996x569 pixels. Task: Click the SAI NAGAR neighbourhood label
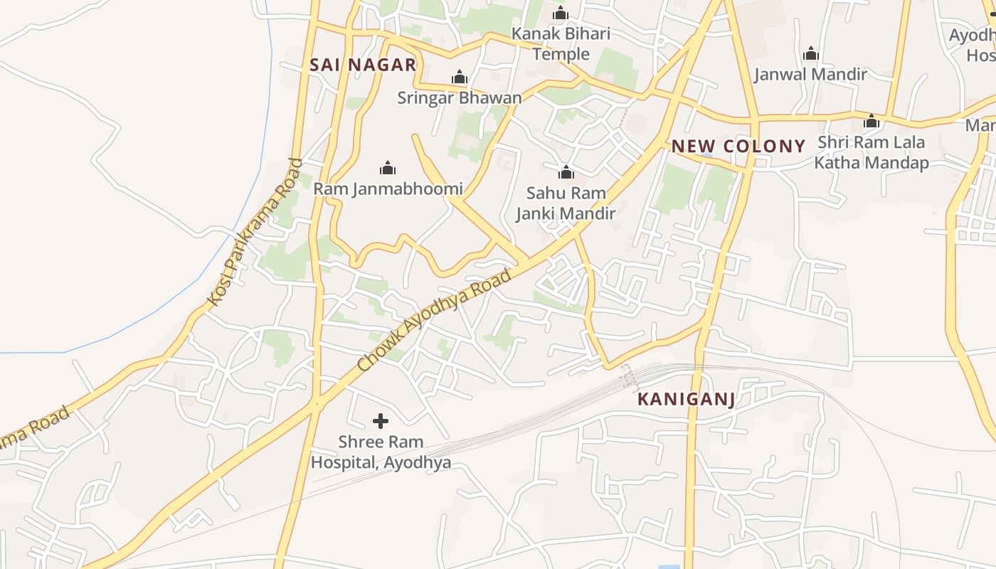click(363, 65)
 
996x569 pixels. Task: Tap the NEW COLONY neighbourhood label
click(738, 147)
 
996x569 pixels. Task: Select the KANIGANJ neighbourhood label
click(686, 399)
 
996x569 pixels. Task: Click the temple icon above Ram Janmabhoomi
click(388, 168)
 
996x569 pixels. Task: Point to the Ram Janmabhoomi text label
click(388, 188)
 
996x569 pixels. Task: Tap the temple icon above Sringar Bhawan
click(460, 77)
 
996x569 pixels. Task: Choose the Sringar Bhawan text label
click(459, 97)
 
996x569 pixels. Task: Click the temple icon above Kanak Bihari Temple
click(561, 13)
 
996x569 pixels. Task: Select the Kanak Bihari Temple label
click(561, 43)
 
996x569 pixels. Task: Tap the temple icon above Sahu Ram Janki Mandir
click(566, 172)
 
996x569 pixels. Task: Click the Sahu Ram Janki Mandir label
click(566, 203)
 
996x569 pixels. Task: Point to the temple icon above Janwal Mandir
click(811, 53)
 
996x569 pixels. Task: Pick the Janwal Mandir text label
click(810, 74)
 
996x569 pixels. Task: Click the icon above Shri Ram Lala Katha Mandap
click(871, 122)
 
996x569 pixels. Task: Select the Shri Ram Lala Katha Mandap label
click(871, 152)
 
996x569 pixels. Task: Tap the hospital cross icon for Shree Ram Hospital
click(381, 421)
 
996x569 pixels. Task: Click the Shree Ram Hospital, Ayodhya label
click(381, 452)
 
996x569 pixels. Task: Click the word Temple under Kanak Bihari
click(561, 54)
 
